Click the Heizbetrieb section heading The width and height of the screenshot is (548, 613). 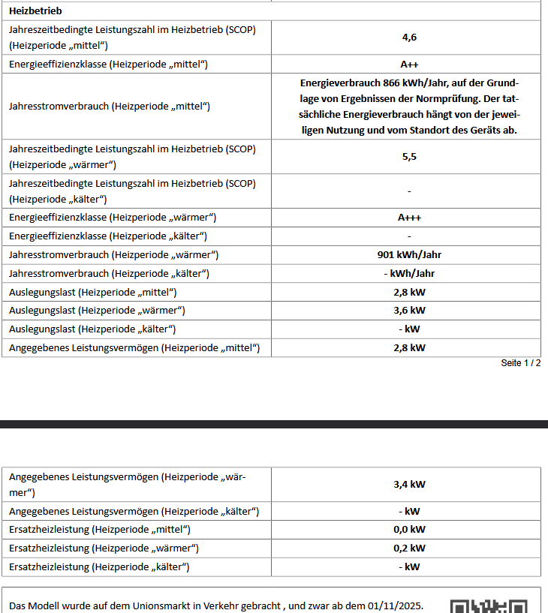(x=35, y=11)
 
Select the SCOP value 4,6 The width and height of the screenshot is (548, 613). (x=409, y=37)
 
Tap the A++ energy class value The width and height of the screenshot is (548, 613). (x=409, y=65)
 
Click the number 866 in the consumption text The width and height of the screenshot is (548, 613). (x=391, y=83)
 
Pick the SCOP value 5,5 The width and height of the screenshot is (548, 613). (x=409, y=157)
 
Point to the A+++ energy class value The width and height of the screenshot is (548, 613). (x=409, y=218)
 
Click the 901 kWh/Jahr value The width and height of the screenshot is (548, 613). (x=409, y=254)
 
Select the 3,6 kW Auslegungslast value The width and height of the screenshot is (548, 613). (x=409, y=310)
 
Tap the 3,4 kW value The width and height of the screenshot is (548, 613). (x=409, y=484)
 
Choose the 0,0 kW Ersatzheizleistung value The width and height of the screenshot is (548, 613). (x=409, y=530)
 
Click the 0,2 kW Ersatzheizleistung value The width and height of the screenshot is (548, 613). (x=409, y=548)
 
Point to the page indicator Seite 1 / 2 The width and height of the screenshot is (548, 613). (x=520, y=363)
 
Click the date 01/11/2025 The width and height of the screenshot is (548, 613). (x=396, y=606)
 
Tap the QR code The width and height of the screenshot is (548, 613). (x=489, y=606)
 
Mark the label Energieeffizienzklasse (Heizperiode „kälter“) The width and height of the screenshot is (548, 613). (x=108, y=236)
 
